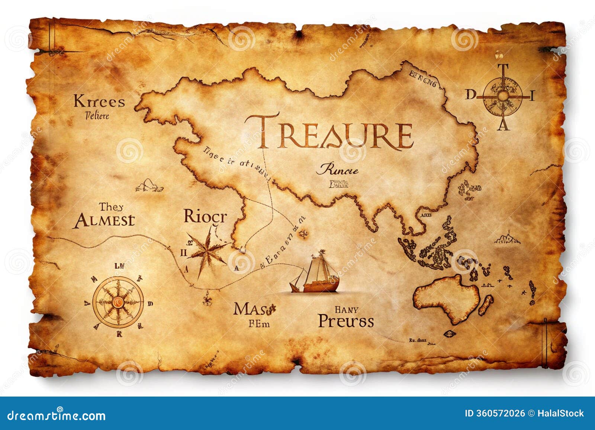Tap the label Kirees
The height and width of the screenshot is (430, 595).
[x=99, y=101]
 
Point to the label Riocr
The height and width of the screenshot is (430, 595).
[x=205, y=216]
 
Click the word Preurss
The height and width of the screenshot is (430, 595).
[x=346, y=321]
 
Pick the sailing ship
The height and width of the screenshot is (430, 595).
[x=316, y=274]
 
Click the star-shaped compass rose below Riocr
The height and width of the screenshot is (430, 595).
[x=206, y=251]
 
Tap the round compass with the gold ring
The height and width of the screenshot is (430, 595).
[x=118, y=302]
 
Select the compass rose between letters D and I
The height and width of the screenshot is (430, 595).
[x=503, y=96]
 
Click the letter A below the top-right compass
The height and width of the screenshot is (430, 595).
[x=504, y=126]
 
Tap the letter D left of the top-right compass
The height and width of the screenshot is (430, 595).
[x=470, y=95]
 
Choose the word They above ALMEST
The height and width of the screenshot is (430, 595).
[x=111, y=207]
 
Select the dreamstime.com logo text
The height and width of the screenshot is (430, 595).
[x=57, y=415]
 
